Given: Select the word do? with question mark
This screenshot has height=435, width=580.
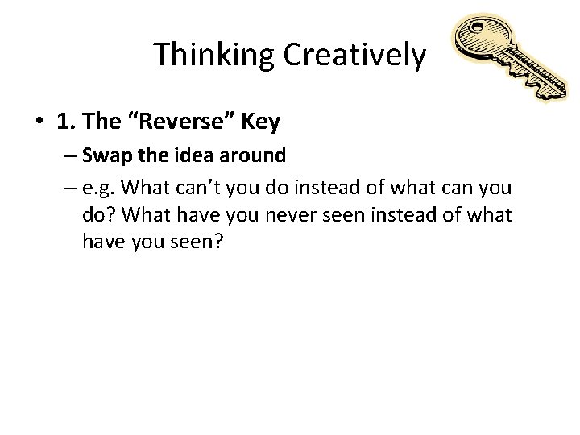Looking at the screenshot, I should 99,217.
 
